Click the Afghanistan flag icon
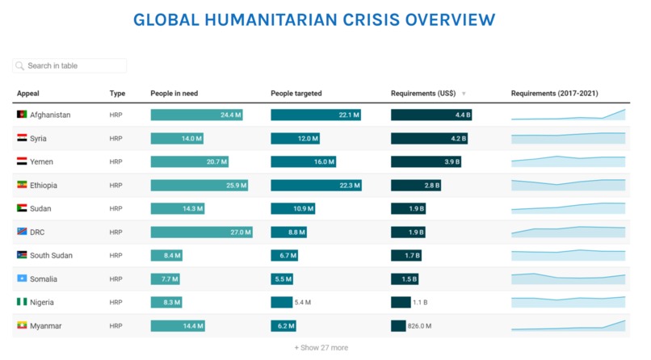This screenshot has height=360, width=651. click(22, 115)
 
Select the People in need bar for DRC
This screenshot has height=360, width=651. click(201, 232)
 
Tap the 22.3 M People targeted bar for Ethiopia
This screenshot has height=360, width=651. click(316, 186)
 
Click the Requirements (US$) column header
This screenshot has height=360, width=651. click(423, 94)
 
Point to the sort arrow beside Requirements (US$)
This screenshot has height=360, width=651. click(464, 94)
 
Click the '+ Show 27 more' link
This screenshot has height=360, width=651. click(321, 348)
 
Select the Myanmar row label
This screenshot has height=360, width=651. click(45, 326)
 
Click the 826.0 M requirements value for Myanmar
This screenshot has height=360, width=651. click(420, 326)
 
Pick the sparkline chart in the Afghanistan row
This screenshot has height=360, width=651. click(568, 115)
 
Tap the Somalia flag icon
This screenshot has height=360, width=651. click(22, 279)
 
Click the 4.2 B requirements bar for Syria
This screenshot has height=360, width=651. click(429, 139)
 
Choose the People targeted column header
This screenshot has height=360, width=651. click(296, 94)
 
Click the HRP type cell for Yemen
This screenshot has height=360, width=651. click(116, 162)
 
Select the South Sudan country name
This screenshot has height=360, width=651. click(51, 256)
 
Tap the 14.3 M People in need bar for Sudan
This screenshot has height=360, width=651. click(178, 209)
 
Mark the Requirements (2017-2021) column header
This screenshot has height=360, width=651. click(554, 94)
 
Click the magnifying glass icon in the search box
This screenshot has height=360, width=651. click(20, 65)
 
